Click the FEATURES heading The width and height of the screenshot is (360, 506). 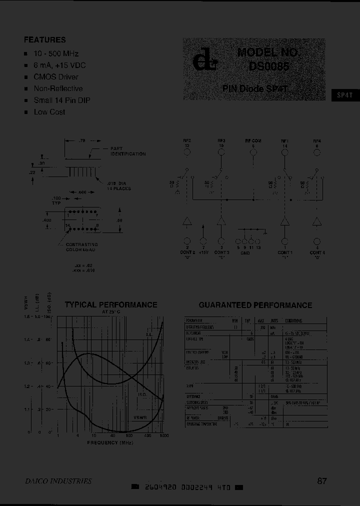45,40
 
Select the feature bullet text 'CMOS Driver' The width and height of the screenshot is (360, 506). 56,77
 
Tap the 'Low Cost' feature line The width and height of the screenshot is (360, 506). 49,112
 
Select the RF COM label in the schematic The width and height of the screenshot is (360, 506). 253,141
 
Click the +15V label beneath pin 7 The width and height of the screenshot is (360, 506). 202,252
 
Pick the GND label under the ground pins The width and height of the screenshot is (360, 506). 245,253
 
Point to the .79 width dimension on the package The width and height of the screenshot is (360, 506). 83,142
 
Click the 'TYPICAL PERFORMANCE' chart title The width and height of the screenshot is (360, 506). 111,304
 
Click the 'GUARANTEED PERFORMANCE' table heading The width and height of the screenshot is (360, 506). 255,305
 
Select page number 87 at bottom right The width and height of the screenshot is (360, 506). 322,481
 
